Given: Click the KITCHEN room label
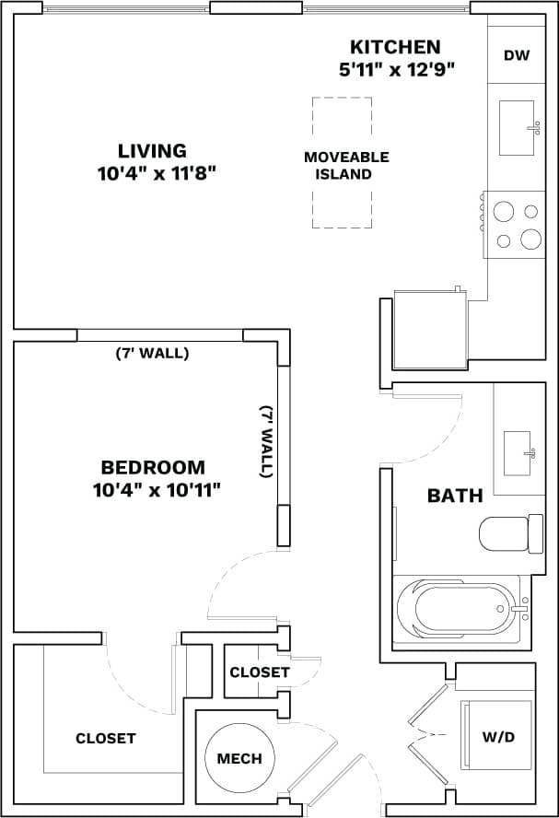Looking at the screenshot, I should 394,47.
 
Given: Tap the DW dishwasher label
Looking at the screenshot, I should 517,55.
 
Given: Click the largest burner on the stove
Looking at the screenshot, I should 531,240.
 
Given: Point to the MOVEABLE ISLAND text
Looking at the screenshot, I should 345,166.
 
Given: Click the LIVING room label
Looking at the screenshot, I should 152,151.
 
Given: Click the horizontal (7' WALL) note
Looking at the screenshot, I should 152,353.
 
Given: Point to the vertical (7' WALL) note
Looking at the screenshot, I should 266,441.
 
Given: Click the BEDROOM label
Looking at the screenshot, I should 153,468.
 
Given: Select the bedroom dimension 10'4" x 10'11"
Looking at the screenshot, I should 157,490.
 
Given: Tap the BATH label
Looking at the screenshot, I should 455,496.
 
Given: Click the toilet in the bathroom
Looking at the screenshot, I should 505,532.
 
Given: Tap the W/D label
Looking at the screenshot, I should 497,738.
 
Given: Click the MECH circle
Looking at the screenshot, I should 239,759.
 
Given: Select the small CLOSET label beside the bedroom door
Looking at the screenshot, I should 260,672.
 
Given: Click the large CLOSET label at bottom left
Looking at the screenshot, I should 106,738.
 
